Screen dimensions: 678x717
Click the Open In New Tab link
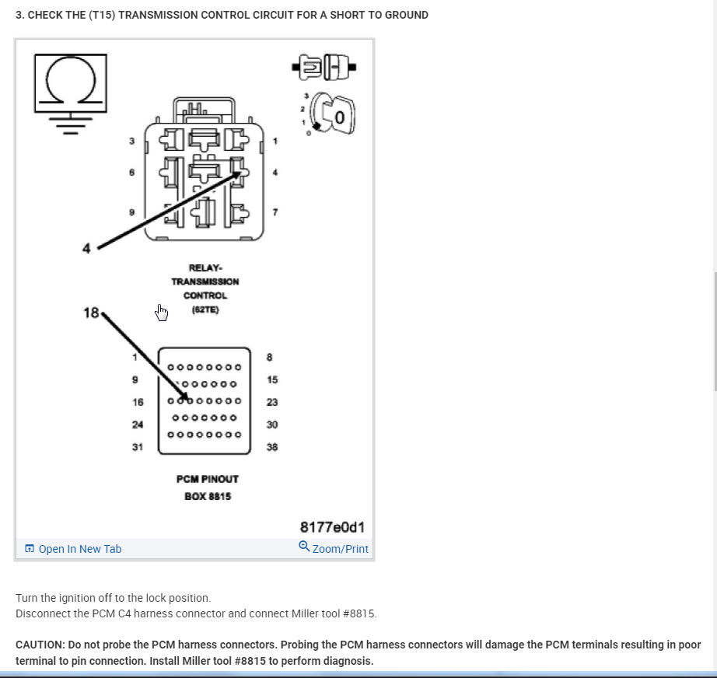click(x=79, y=549)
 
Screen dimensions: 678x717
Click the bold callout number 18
click(x=91, y=313)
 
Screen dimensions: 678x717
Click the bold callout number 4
click(x=86, y=248)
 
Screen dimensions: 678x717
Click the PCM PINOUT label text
click(x=207, y=479)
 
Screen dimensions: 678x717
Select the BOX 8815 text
click(x=207, y=496)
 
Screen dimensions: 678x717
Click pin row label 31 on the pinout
click(x=137, y=446)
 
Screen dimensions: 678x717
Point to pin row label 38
click(x=272, y=447)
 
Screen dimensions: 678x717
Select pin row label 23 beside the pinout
click(x=272, y=402)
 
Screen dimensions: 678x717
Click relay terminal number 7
click(x=274, y=212)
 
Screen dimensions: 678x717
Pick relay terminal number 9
click(x=132, y=211)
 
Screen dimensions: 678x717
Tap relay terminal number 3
click(x=132, y=142)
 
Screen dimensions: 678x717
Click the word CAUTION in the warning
click(x=40, y=645)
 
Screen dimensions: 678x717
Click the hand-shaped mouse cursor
click(x=162, y=313)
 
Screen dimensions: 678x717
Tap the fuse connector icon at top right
click(x=325, y=67)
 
